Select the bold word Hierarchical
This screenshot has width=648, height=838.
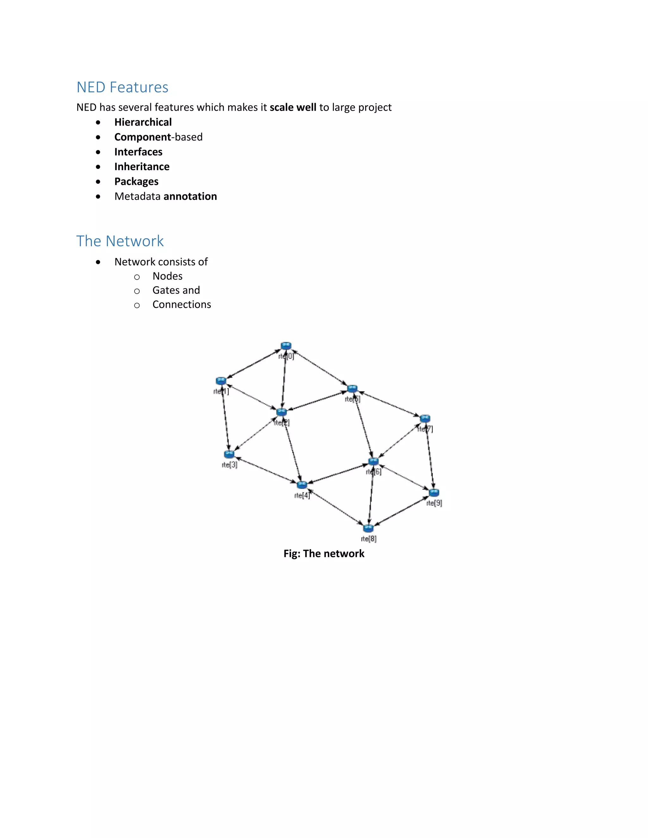143,122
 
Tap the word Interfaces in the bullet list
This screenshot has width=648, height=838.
138,152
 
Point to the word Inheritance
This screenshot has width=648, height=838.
142,167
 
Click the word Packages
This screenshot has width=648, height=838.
136,182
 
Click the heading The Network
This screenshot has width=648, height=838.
120,241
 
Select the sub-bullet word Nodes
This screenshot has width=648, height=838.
167,276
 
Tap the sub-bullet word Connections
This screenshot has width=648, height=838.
182,305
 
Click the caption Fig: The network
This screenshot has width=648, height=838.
324,553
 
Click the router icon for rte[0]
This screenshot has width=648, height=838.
286,346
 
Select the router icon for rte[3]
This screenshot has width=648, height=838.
229,454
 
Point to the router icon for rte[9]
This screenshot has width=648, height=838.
434,492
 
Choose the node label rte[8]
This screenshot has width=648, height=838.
369,539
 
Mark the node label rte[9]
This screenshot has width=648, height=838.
434,503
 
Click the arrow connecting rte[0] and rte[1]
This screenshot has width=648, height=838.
253,363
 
